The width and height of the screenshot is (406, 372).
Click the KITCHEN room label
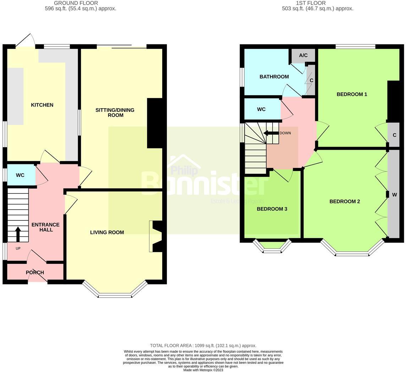click(42, 105)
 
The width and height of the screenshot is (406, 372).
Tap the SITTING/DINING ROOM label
click(115, 113)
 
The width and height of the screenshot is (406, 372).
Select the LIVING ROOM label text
click(107, 232)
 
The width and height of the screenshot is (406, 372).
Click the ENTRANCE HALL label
click(45, 227)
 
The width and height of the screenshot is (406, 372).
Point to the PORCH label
click(35, 273)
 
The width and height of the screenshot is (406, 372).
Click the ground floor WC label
click(20, 175)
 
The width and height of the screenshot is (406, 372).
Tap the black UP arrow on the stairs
click(18, 234)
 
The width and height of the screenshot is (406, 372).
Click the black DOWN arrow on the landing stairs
click(271, 133)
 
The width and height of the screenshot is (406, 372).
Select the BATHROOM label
click(274, 77)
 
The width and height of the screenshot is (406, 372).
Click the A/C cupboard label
click(303, 55)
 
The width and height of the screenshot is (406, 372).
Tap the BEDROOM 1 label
click(352, 94)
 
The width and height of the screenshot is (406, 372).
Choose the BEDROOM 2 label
click(345, 202)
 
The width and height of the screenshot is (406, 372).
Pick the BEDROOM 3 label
click(272, 209)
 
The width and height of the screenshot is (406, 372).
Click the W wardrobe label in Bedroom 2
click(394, 195)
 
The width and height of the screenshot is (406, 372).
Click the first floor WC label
click(261, 109)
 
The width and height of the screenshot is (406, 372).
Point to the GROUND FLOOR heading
click(76, 3)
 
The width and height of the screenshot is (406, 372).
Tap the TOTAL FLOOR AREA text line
click(203, 345)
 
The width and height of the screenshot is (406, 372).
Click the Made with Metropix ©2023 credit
click(203, 370)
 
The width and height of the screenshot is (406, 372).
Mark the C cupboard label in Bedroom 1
click(394, 135)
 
